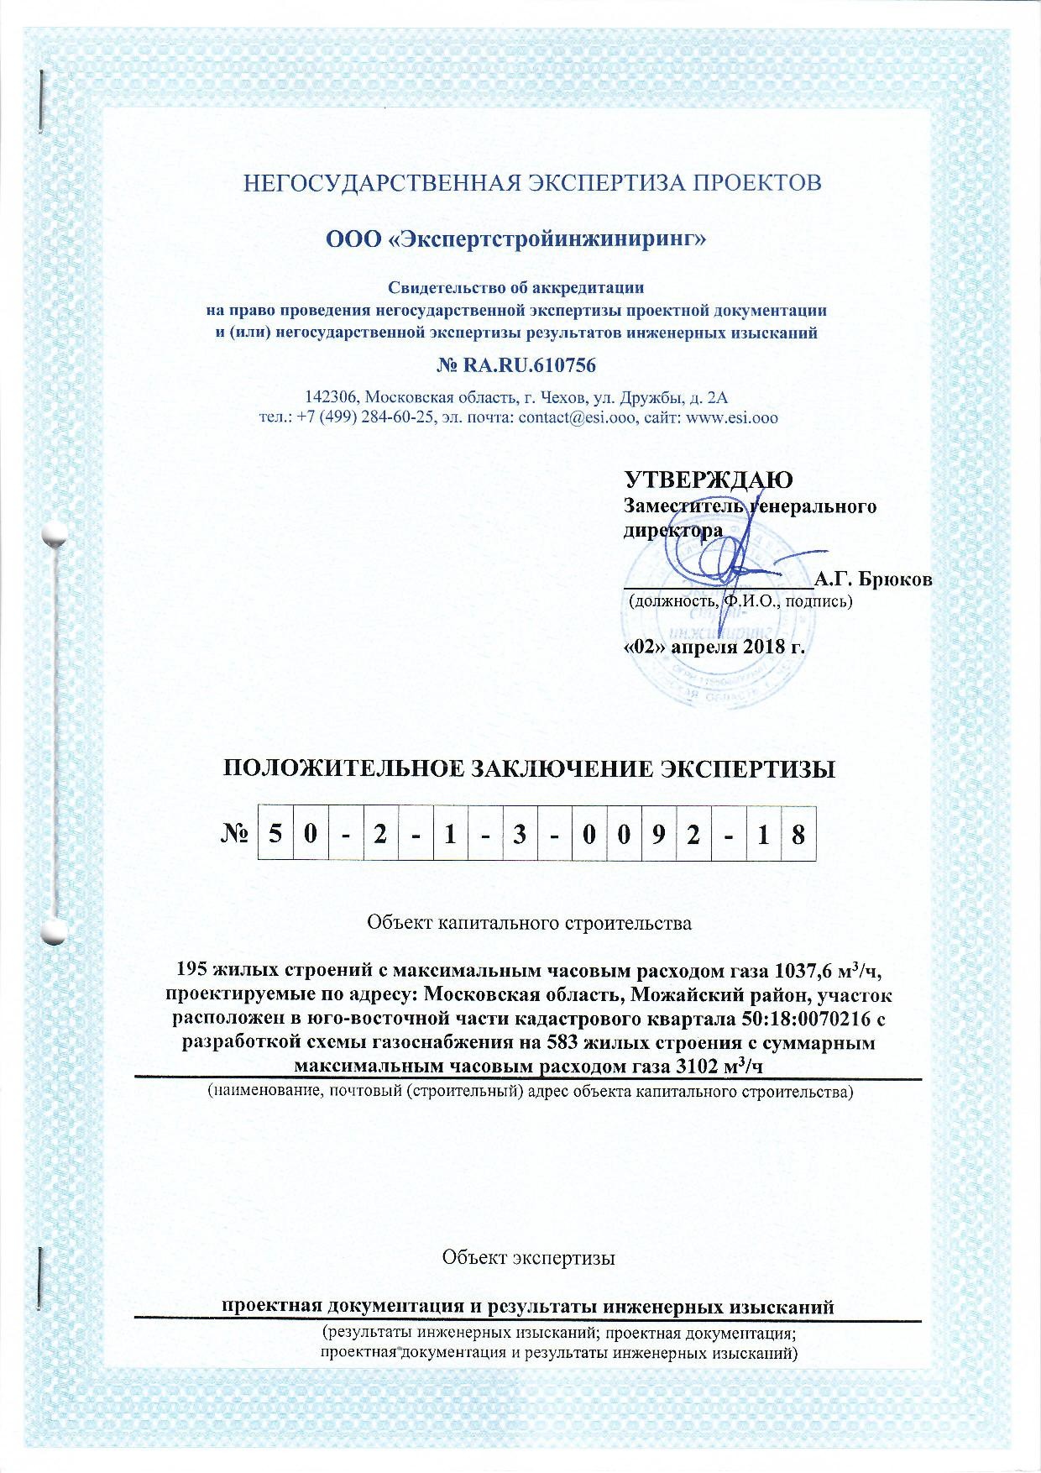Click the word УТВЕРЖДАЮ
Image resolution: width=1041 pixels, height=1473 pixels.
click(709, 480)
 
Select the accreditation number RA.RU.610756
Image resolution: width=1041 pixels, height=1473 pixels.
click(530, 366)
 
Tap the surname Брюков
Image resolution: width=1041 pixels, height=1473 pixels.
click(897, 580)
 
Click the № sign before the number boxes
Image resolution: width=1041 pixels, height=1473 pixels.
click(237, 835)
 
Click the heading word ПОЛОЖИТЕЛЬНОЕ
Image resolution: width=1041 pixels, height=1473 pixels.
click(334, 769)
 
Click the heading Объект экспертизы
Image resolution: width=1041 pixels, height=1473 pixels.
click(529, 1257)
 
